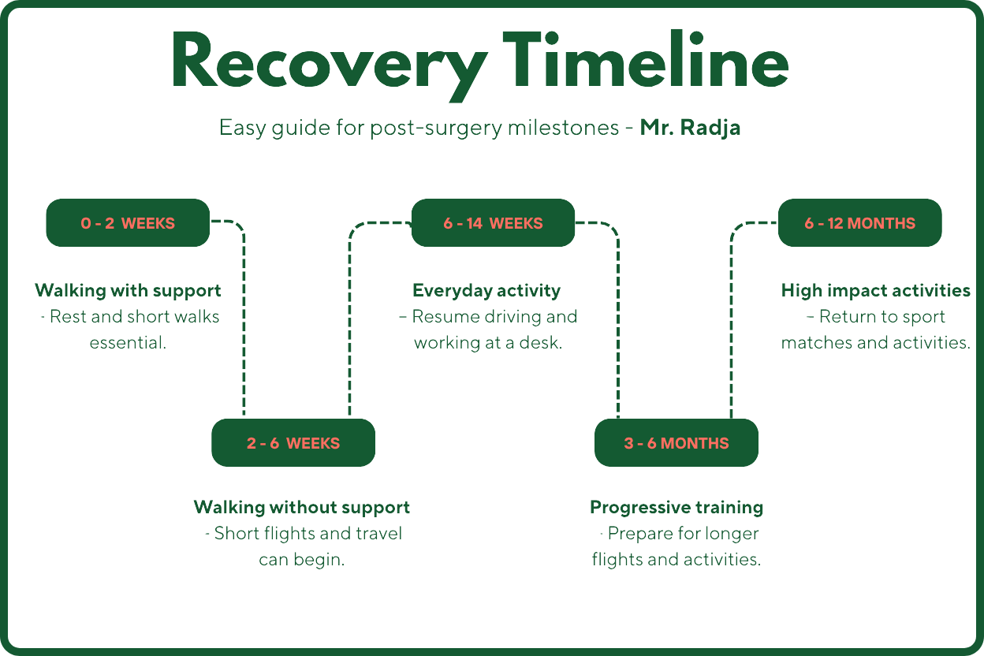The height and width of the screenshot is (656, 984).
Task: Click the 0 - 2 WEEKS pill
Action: pos(128,223)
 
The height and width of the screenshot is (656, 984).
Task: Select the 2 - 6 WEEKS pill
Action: pos(293,443)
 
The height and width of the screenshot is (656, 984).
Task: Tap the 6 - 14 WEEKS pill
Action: pos(493,223)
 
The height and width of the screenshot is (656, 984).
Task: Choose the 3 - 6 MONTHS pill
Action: pos(676,443)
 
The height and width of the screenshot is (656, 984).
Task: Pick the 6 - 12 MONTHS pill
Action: pos(859,223)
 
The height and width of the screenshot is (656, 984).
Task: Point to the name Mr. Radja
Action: pos(690,128)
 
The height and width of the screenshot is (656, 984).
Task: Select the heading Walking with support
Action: pos(128,290)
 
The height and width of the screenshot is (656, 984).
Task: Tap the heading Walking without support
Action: pos(302,507)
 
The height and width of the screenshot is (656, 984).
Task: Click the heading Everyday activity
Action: pos(486,290)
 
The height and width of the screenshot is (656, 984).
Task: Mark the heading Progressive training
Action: pos(676,507)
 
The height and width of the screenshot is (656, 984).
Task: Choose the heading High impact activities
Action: pos(875,290)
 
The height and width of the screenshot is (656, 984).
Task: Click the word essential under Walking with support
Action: pos(128,343)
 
